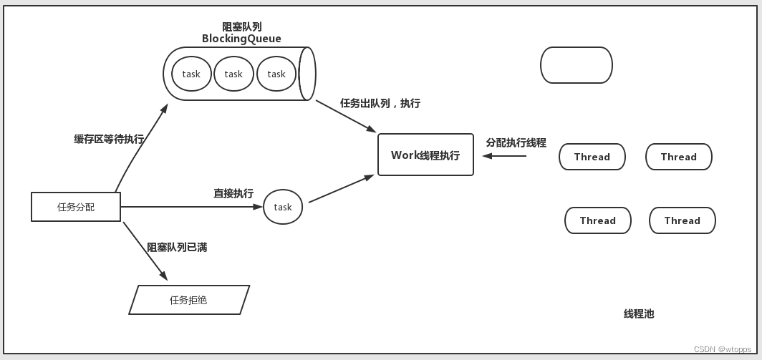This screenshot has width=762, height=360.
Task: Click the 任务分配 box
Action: coord(76,207)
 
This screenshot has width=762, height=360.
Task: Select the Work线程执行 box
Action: coord(425,155)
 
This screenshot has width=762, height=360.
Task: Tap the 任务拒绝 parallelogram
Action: coord(189,300)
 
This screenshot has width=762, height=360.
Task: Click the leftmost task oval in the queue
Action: coord(191,74)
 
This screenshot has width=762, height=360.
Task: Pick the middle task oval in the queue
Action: coord(233,74)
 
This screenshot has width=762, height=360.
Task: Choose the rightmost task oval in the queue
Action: coord(276,74)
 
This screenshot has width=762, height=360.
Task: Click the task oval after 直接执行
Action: coord(283,207)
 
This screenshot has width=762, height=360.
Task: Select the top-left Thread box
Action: coord(592,157)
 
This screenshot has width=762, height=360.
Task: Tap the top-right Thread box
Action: coord(678,157)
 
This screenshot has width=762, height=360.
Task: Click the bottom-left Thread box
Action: coord(597,220)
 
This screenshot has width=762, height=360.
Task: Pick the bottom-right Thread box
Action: coord(682,220)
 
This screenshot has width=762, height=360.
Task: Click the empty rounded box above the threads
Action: coord(576,65)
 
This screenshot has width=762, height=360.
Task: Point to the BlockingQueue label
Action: coord(241,39)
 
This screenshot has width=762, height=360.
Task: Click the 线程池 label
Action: coord(638,313)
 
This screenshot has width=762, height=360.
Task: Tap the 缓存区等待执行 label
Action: coord(109,139)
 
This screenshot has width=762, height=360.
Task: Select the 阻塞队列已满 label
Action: coord(177,247)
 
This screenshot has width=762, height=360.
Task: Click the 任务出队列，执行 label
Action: coord(380,103)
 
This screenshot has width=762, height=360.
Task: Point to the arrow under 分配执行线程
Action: coord(504,155)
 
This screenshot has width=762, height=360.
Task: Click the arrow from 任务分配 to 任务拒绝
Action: coord(145,250)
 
